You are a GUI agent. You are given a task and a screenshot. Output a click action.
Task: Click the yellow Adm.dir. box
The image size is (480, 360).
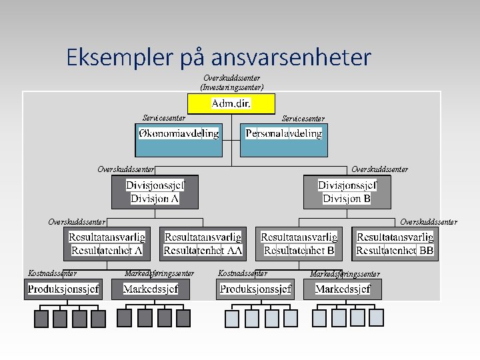231,103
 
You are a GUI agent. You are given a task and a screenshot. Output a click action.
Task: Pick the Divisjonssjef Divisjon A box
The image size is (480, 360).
155,192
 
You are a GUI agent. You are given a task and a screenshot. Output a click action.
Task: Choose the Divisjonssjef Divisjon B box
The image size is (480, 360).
347,192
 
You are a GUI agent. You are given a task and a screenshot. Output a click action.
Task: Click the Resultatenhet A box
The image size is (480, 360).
107,243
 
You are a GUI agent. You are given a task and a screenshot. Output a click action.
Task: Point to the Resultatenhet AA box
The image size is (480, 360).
203,243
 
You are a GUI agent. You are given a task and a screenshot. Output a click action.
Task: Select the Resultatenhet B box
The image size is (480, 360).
299,243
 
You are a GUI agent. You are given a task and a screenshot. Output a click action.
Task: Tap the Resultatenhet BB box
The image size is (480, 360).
395,243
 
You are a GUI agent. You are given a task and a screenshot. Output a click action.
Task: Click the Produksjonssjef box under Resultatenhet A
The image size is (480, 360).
63,289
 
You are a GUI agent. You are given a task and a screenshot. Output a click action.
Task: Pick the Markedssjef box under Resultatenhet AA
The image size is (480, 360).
151,289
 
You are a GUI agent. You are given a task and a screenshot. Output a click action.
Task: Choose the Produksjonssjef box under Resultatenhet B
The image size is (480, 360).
255,289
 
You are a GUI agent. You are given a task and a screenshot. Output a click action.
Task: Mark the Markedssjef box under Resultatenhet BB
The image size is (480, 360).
343,289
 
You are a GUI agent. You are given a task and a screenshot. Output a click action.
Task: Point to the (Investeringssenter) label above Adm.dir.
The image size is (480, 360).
231,87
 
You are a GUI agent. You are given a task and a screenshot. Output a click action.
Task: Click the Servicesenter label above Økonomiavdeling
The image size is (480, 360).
164,118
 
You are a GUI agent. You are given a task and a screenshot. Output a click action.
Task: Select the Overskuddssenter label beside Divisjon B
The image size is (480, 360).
379,169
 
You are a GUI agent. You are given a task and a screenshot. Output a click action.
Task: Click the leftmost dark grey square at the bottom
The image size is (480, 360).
41,319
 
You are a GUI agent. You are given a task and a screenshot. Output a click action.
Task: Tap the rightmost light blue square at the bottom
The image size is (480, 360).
376,317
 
